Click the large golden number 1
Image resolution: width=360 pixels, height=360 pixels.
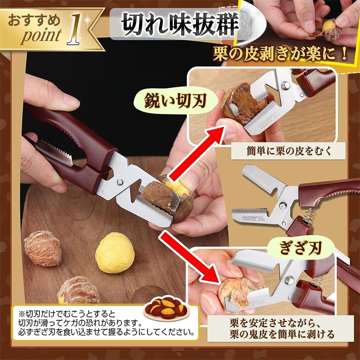click(x=74, y=29)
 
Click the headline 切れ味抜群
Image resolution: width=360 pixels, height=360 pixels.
click(x=180, y=24)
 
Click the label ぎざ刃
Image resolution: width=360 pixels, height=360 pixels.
click(x=300, y=248)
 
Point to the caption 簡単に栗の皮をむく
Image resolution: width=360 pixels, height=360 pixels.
click(x=289, y=151)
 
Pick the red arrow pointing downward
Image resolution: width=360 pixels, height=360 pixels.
click(x=189, y=259)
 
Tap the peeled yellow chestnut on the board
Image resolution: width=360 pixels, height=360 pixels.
click(x=115, y=252)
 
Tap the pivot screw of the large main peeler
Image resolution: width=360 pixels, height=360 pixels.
click(x=119, y=182)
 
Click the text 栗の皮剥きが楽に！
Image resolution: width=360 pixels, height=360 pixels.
click(x=280, y=54)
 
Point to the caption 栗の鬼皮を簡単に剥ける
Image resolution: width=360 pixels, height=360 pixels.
click(x=282, y=334)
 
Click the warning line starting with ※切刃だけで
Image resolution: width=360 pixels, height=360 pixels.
click(x=67, y=314)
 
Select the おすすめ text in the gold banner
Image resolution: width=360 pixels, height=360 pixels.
click(x=35, y=20)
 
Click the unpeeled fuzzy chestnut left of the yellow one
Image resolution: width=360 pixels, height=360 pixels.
click(x=43, y=249)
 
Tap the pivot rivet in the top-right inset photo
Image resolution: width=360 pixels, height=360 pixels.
click(x=285, y=85)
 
